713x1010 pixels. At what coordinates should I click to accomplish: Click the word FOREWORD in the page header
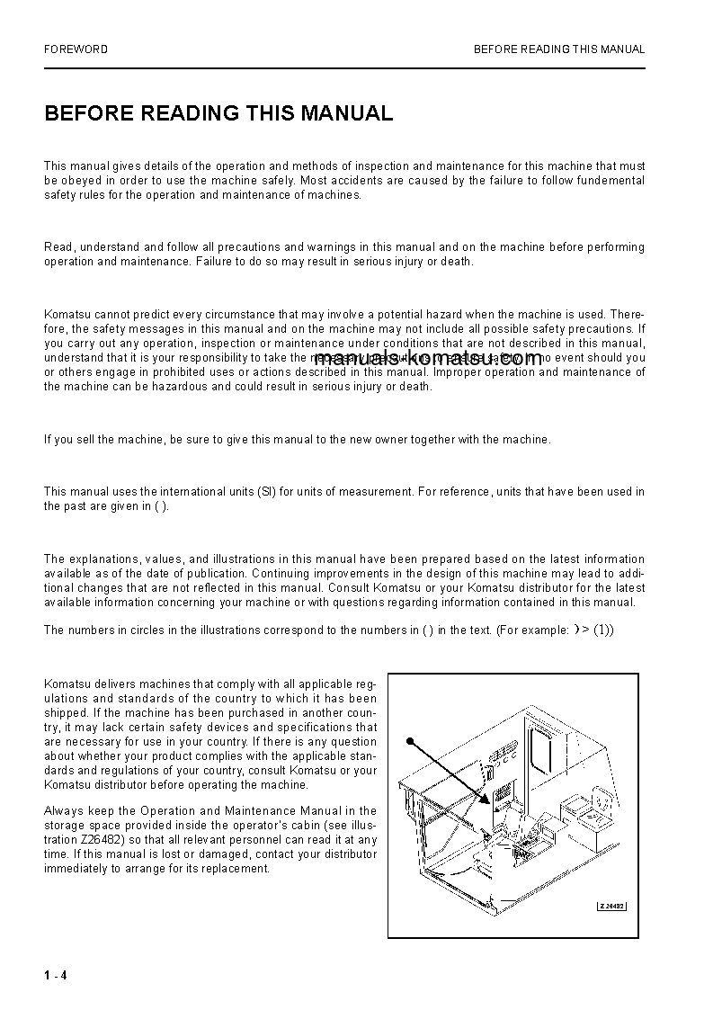pos(76,49)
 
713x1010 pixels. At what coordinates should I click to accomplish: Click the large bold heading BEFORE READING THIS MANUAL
pos(218,113)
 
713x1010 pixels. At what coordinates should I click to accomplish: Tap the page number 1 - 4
pos(55,977)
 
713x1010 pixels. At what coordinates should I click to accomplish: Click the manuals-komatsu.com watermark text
pos(428,359)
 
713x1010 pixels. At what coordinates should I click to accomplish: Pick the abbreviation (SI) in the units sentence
pos(266,492)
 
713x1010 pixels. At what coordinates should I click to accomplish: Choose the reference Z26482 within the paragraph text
pos(102,840)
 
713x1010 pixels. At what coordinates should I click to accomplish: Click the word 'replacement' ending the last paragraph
pos(237,869)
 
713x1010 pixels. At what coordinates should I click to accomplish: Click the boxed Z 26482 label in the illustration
pos(611,906)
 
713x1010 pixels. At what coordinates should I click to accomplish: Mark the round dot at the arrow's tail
pos(409,742)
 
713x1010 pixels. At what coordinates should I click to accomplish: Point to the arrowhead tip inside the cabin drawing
pos(486,800)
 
